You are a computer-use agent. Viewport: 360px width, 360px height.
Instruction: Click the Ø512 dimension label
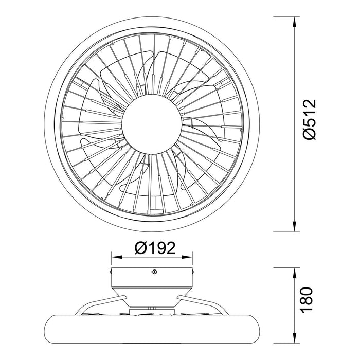pyautogui.click(x=310, y=119)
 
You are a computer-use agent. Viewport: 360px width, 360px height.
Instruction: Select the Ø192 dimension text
pyautogui.click(x=155, y=248)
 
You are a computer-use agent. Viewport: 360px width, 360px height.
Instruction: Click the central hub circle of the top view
pyautogui.click(x=152, y=124)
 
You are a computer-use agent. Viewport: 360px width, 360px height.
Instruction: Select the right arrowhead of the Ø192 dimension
pyautogui.click(x=187, y=257)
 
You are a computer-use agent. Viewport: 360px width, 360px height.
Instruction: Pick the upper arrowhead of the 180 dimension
pyautogui.click(x=294, y=273)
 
